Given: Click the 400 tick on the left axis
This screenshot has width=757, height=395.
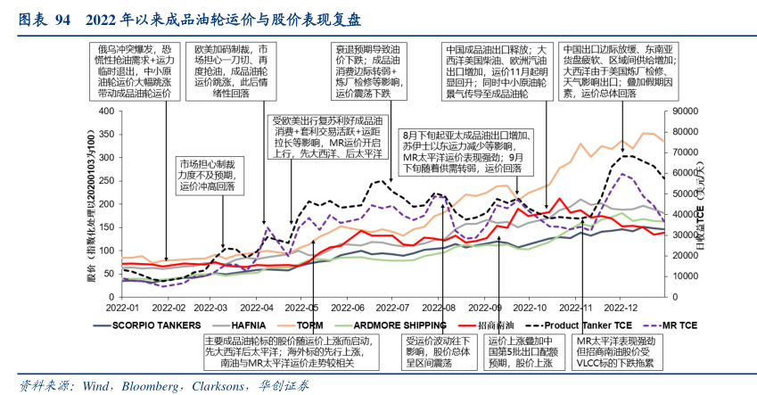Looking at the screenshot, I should pyautogui.click(x=107, y=111).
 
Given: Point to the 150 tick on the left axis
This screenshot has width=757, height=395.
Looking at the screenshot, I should pyautogui.click(x=107, y=226).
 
